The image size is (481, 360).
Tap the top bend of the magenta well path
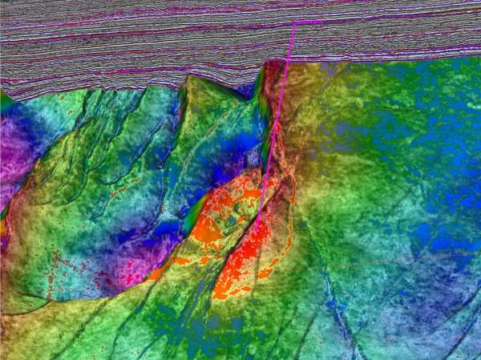294,23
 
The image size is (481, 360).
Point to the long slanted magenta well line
277,120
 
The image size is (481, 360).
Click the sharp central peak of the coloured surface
189,79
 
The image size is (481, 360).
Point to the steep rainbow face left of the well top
261,88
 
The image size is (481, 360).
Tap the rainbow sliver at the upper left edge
6,103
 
